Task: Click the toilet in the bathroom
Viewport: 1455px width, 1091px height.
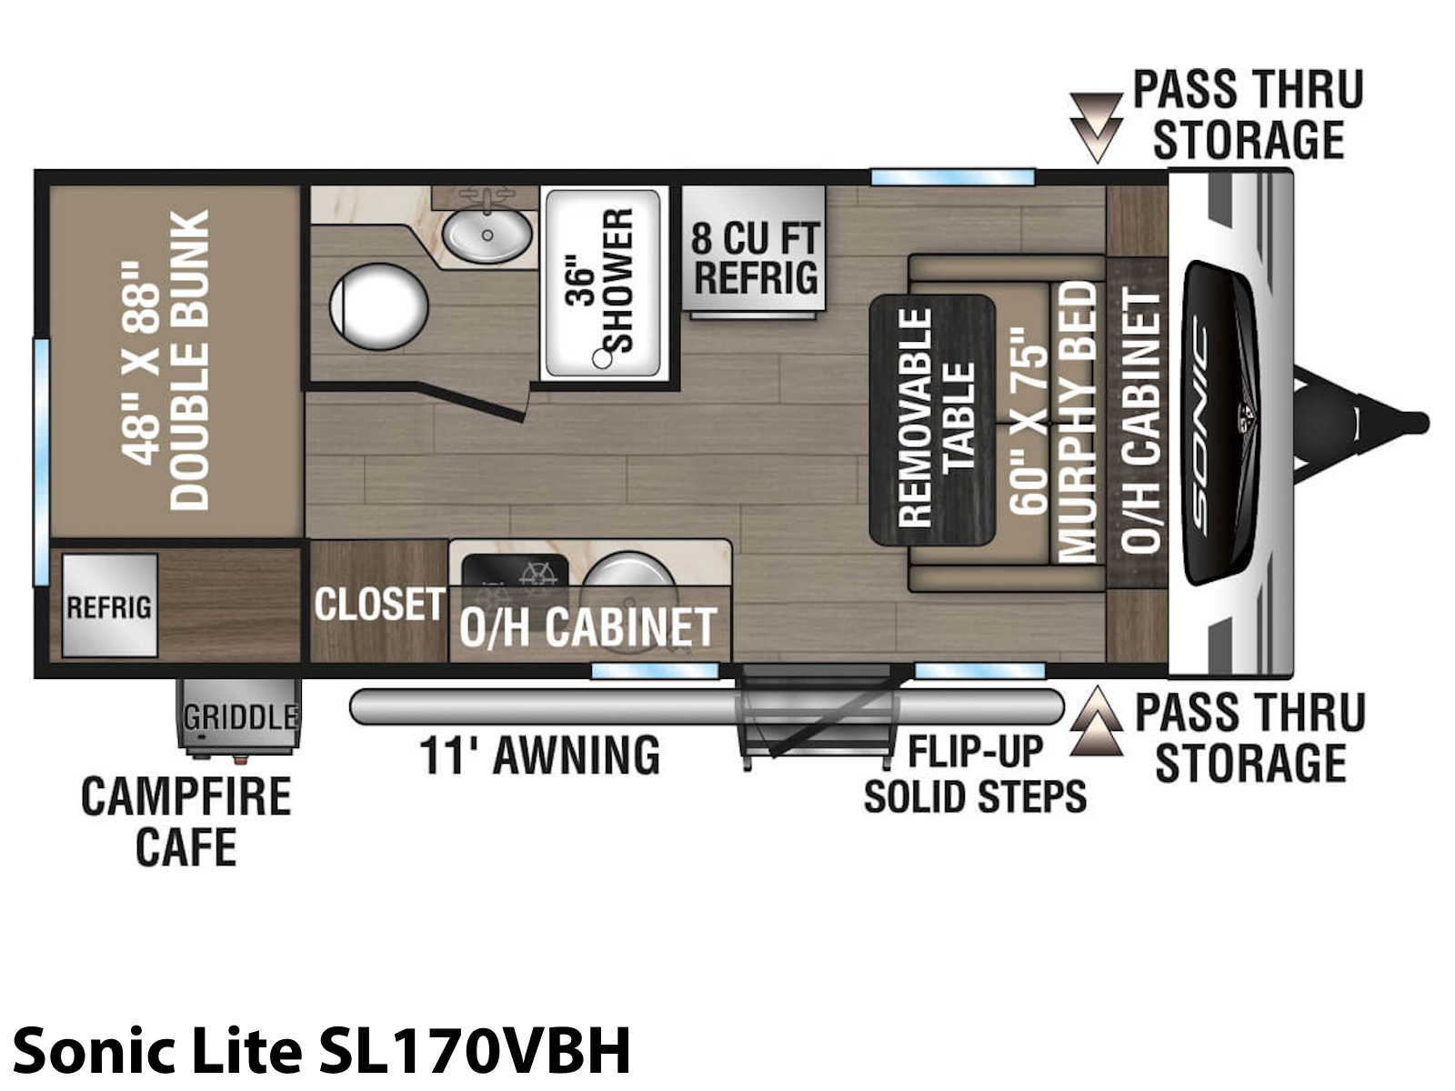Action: coord(379,306)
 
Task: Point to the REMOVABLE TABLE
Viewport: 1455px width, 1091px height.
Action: coord(933,420)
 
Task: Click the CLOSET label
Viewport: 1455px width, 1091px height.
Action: coord(379,604)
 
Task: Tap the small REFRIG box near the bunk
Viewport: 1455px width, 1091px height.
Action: coord(109,606)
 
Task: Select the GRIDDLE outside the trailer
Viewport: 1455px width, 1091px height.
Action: coord(238,716)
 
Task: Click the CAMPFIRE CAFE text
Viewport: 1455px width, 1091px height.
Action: coord(186,821)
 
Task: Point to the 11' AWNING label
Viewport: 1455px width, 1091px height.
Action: coord(540,756)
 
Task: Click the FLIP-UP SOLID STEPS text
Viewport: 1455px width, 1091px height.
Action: coord(975,774)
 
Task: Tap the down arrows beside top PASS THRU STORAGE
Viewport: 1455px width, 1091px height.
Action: coord(1097,128)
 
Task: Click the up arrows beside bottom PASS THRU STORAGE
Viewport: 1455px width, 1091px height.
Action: coord(1097,721)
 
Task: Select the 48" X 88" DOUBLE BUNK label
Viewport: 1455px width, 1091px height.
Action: coord(166,361)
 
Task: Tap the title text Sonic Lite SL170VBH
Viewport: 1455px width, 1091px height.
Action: coord(322,1051)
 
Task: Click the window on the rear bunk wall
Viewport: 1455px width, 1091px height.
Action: coord(41,463)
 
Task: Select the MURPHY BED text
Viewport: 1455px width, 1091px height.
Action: coord(1078,422)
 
